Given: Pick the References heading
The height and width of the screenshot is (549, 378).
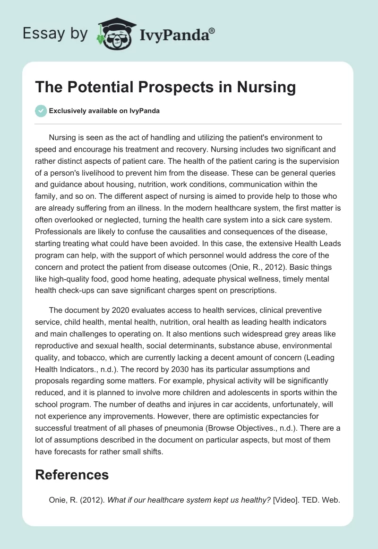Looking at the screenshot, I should coord(72,475).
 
